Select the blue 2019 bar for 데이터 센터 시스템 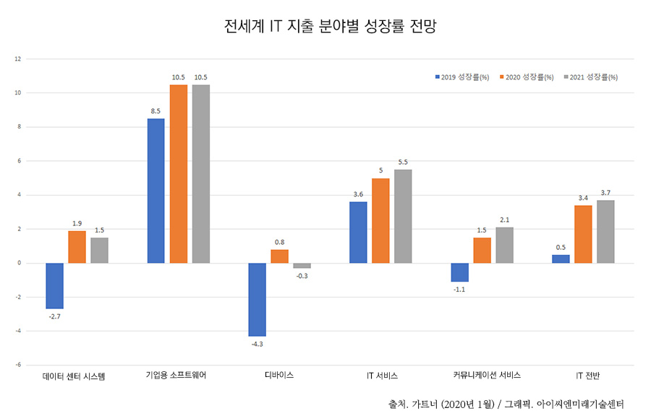pyautogui.click(x=55, y=285)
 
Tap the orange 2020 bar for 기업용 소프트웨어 pyautogui.click(x=179, y=173)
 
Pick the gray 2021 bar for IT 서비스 pyautogui.click(x=403, y=216)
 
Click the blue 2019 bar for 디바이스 pyautogui.click(x=258, y=299)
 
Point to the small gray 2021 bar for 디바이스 pyautogui.click(x=302, y=266)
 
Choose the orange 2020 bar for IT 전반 pyautogui.click(x=583, y=234)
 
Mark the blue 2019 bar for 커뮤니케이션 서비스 pyautogui.click(x=459, y=272)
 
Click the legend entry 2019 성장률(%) pyautogui.click(x=464, y=77)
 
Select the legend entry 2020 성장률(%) pyautogui.click(x=527, y=77)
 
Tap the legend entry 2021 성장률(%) pyautogui.click(x=591, y=77)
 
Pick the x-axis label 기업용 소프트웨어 pyautogui.click(x=176, y=376)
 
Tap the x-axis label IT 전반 pyautogui.click(x=583, y=376)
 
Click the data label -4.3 pyautogui.click(x=258, y=344)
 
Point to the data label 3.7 pyautogui.click(x=605, y=193)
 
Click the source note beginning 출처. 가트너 pyautogui.click(x=506, y=403)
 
